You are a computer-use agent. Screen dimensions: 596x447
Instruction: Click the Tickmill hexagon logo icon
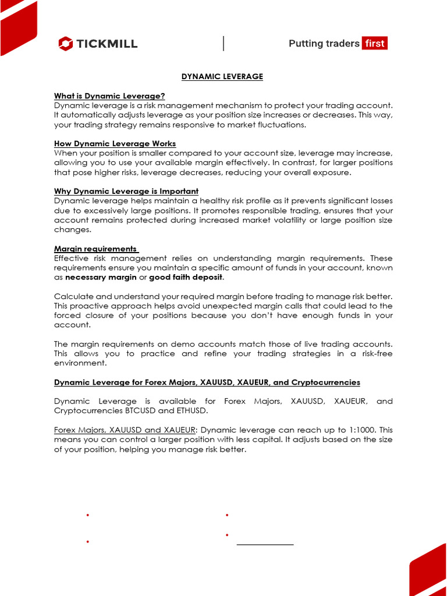pyautogui.click(x=65, y=44)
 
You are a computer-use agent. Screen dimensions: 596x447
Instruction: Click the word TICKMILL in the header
pyautogui.click(x=106, y=44)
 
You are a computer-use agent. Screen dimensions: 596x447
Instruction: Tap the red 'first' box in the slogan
pyautogui.click(x=374, y=44)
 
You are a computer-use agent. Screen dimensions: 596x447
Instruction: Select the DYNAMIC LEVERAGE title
pyautogui.click(x=222, y=76)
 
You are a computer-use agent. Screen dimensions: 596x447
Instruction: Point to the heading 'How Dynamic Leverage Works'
pyautogui.click(x=115, y=143)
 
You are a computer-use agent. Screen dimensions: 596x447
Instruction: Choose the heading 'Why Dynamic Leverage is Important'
pyautogui.click(x=126, y=191)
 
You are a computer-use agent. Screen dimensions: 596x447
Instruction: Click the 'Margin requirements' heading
pyautogui.click(x=95, y=249)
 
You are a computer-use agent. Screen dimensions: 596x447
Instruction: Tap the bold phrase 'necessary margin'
pyautogui.click(x=101, y=277)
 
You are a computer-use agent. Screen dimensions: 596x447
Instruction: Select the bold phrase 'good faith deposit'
pyautogui.click(x=186, y=277)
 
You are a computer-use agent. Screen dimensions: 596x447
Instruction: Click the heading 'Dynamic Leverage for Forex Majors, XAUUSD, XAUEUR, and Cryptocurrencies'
pyautogui.click(x=207, y=382)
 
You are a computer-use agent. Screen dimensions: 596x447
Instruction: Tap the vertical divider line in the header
pyautogui.click(x=223, y=44)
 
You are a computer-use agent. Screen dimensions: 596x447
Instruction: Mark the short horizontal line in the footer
pyautogui.click(x=265, y=544)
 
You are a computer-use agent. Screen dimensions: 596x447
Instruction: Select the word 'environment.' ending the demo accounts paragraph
pyautogui.click(x=80, y=363)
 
